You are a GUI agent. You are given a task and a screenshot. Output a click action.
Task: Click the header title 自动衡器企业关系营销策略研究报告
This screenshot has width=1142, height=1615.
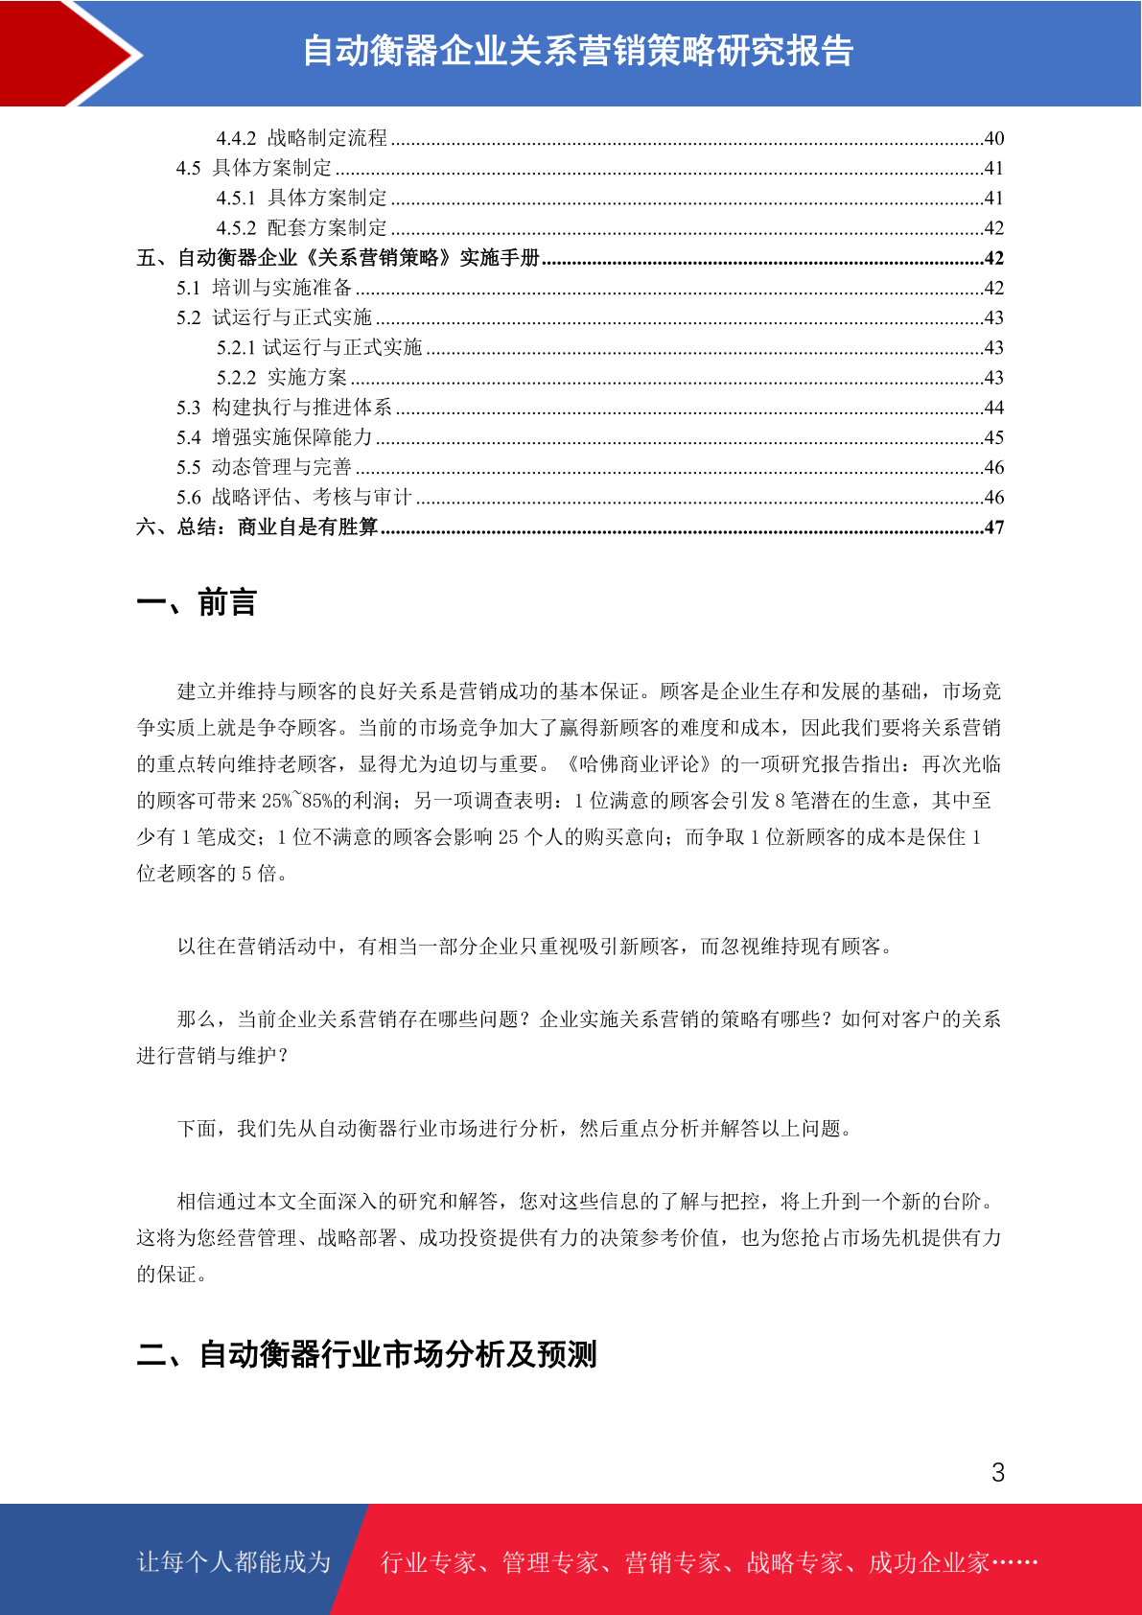(x=577, y=51)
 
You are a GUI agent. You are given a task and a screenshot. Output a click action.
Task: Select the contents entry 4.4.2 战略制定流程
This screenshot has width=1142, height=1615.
(x=301, y=138)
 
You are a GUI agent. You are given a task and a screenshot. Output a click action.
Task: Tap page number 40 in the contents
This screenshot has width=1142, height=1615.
(x=993, y=138)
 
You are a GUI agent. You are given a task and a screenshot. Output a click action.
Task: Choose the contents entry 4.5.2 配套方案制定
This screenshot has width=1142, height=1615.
(x=301, y=228)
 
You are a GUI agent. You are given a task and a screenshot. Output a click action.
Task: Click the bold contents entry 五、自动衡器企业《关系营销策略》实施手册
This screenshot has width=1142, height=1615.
(x=338, y=258)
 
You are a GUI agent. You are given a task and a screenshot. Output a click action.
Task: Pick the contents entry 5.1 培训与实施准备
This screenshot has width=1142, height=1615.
(x=264, y=288)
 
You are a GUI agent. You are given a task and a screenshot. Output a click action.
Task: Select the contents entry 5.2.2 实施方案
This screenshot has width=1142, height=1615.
(x=281, y=378)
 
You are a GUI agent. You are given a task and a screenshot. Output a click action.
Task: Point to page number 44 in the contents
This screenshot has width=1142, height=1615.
(x=993, y=408)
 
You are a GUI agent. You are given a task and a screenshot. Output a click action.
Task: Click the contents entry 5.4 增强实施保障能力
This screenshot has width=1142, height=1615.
(x=273, y=437)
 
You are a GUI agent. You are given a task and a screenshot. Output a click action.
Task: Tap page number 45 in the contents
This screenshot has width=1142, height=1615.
(x=993, y=437)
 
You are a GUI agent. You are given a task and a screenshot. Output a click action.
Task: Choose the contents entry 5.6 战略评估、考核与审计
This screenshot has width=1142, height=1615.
(x=293, y=497)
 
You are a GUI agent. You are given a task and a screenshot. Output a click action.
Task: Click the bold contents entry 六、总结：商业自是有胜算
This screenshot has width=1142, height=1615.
(x=257, y=527)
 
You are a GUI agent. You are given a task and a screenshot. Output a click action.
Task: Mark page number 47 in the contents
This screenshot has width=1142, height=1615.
(x=993, y=527)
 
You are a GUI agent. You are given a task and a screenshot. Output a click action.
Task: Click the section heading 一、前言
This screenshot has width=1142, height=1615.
(x=197, y=603)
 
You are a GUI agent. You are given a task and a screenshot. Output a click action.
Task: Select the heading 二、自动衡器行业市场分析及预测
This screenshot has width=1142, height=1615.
(x=366, y=1354)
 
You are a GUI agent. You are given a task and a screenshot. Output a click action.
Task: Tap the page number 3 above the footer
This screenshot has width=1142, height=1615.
(x=997, y=1473)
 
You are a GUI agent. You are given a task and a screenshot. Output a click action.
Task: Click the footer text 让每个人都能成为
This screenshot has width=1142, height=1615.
(x=234, y=1562)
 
